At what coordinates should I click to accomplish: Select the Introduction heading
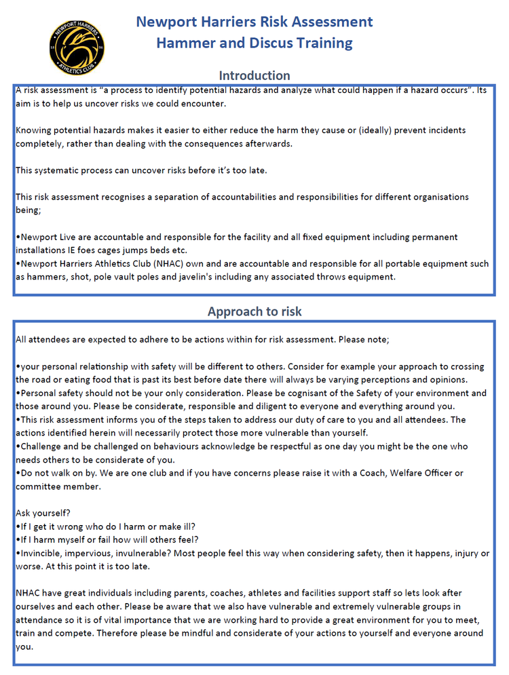tap(254, 75)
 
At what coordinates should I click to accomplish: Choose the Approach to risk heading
tap(254, 312)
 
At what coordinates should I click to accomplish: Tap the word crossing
tap(468, 366)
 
